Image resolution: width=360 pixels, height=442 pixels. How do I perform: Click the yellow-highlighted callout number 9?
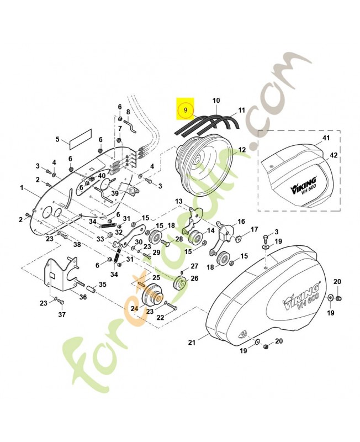click(186, 110)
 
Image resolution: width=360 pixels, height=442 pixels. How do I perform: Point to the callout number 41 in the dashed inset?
click(326, 138)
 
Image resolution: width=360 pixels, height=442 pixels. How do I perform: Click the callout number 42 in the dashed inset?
click(333, 155)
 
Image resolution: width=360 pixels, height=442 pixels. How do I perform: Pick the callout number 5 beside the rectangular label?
click(57, 139)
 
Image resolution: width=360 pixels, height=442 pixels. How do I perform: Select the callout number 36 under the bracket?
click(83, 297)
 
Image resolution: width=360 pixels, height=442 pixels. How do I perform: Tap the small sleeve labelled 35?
click(91, 290)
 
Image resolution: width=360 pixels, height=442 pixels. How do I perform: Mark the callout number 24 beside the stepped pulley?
click(134, 309)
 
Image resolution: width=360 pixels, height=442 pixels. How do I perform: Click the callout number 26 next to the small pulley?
click(194, 278)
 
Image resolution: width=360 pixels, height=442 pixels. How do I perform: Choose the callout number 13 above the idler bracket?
click(179, 201)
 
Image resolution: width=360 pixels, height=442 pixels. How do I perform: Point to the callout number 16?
click(241, 222)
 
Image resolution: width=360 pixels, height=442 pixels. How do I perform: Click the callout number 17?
click(254, 230)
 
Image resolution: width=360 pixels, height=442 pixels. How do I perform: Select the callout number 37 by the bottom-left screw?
click(62, 314)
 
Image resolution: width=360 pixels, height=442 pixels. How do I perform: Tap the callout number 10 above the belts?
click(216, 101)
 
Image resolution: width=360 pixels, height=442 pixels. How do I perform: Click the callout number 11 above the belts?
click(241, 110)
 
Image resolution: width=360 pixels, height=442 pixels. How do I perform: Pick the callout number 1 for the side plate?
click(22, 187)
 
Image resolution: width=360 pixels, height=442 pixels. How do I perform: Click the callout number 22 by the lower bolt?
click(160, 318)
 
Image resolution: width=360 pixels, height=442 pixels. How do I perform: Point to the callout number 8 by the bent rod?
click(128, 112)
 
